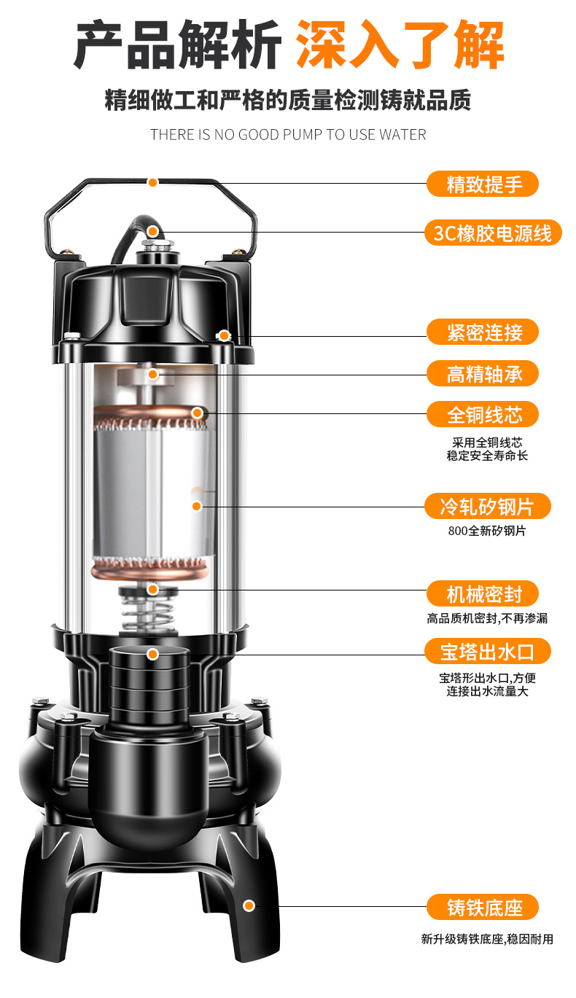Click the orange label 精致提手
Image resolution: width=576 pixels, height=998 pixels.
click(x=483, y=184)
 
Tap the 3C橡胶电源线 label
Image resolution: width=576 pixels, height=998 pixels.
click(x=493, y=233)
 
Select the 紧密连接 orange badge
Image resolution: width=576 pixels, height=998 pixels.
click(x=483, y=332)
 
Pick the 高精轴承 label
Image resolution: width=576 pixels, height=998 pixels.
click(x=483, y=373)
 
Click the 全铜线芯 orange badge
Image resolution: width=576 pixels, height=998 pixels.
click(x=483, y=414)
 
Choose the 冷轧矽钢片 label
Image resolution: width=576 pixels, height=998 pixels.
click(x=487, y=506)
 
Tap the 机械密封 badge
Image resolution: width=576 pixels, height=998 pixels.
click(x=483, y=593)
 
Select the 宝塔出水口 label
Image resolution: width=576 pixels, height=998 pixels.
click(x=487, y=652)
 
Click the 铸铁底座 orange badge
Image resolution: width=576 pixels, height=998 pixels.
click(x=483, y=907)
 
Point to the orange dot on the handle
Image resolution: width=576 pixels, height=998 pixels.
click(x=153, y=182)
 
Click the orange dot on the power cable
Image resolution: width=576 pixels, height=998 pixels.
click(x=152, y=231)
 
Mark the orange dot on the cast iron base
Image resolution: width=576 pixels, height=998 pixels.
click(x=249, y=905)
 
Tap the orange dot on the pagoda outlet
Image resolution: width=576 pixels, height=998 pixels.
click(x=153, y=654)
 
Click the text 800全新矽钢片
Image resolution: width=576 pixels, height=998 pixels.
click(x=487, y=531)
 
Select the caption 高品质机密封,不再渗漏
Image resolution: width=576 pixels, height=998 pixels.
click(x=487, y=618)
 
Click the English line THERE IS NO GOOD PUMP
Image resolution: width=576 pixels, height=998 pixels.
click(x=288, y=135)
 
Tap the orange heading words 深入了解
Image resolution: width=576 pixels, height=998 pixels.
click(x=400, y=44)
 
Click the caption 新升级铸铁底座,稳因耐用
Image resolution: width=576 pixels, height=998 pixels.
click(x=487, y=939)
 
